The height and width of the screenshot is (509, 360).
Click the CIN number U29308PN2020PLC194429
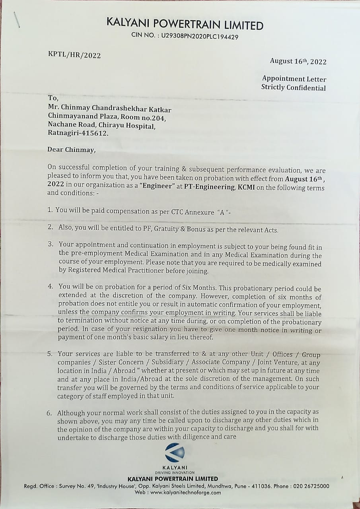click(x=200, y=36)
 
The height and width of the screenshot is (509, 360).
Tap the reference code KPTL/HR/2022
click(x=74, y=55)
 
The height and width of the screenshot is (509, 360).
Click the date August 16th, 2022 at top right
click(x=298, y=61)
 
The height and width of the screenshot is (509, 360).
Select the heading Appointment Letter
click(x=294, y=79)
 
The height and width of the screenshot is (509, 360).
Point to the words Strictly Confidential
click(x=293, y=87)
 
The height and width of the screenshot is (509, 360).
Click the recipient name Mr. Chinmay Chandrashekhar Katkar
click(x=109, y=109)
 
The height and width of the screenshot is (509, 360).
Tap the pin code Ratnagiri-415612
click(x=78, y=133)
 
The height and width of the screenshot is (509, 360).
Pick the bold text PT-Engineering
click(x=209, y=187)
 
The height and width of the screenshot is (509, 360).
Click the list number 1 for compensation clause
click(x=51, y=210)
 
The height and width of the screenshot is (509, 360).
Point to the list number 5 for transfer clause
click(x=51, y=354)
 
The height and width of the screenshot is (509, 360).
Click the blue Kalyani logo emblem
click(x=175, y=453)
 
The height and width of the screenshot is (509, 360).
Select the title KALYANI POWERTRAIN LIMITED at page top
click(x=185, y=25)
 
